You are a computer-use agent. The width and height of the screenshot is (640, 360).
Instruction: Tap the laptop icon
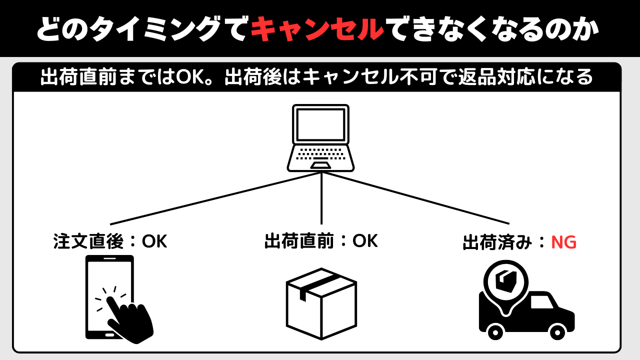tap(320, 138)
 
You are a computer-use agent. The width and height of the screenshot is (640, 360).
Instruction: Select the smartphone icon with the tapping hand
tap(115, 298)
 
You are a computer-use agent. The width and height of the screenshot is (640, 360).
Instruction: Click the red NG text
tap(563, 243)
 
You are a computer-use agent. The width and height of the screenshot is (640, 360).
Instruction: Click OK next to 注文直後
tap(154, 241)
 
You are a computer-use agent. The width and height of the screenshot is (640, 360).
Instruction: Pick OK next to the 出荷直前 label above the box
tap(365, 241)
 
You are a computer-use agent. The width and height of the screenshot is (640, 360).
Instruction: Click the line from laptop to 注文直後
tap(215, 198)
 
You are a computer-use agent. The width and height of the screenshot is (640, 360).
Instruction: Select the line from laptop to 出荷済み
tap(415, 198)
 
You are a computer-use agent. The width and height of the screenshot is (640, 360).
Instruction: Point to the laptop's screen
tap(320, 124)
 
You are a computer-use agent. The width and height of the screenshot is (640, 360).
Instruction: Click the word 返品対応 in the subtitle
tap(493, 77)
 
